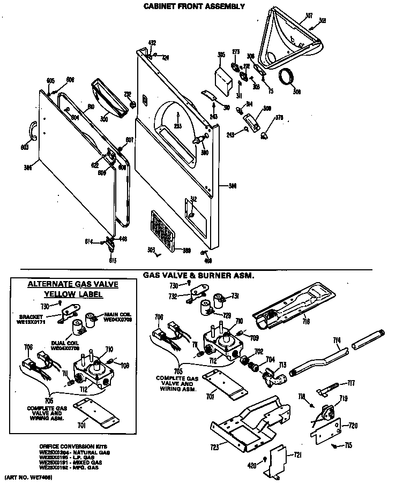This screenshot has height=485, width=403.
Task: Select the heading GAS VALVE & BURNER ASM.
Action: tap(198, 275)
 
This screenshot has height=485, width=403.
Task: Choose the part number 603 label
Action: tap(24, 147)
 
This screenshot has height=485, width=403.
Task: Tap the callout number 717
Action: tap(351, 383)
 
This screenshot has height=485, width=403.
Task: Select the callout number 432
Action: tap(152, 42)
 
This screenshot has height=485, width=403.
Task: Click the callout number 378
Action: tap(279, 117)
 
